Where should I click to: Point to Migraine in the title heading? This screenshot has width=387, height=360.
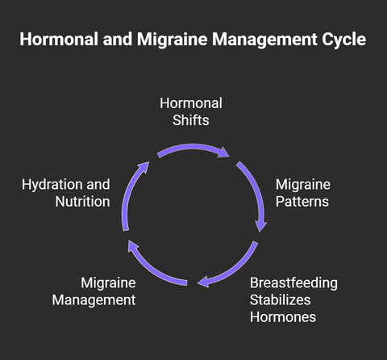173,40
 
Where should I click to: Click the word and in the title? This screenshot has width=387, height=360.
118,39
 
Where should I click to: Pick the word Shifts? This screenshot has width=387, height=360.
191,120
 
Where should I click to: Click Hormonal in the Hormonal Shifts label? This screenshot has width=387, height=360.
191,103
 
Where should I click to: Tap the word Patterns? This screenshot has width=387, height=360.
302,202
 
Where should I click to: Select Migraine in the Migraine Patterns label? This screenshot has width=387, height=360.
303,185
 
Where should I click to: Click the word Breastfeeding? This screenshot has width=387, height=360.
293,283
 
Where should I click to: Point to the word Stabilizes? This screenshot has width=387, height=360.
280,300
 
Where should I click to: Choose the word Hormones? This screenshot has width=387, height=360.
283,317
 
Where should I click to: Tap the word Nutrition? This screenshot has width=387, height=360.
82,202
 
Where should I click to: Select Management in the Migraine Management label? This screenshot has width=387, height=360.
94,300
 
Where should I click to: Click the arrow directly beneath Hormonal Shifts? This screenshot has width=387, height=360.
193,148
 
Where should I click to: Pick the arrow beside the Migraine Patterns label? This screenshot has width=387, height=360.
256,191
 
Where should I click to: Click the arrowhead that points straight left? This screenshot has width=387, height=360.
203,282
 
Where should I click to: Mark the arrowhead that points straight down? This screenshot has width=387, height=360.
260,226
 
